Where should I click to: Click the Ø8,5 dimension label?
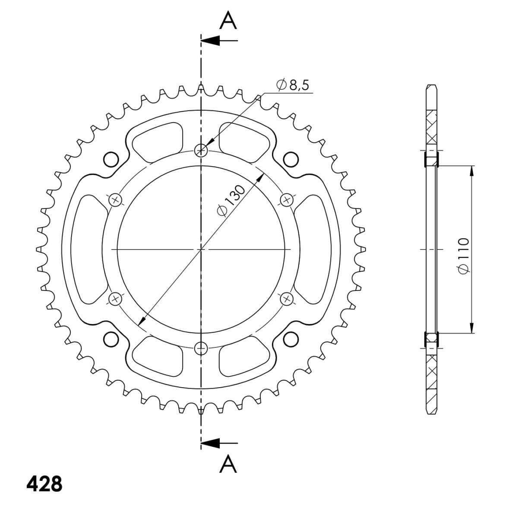(293, 85)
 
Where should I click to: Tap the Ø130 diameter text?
(231, 200)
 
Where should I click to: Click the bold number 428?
(44, 484)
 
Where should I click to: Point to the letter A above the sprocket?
(228, 20)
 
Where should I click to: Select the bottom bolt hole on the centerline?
(201, 349)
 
